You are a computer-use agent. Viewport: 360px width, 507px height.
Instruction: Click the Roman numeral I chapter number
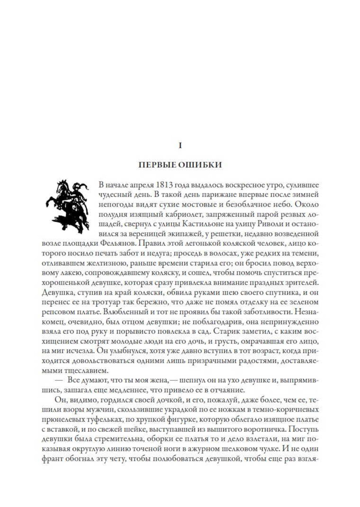(180, 145)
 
